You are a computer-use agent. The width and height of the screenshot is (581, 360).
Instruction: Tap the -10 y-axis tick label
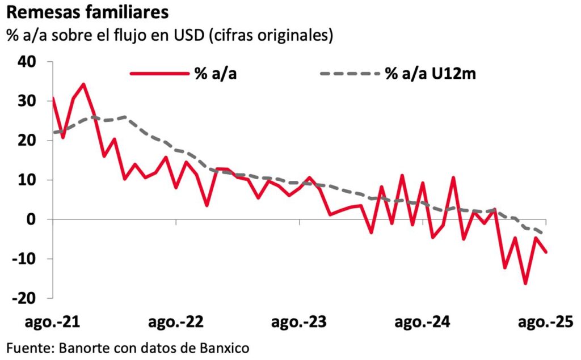33,259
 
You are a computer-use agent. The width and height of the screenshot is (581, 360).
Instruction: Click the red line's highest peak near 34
83,84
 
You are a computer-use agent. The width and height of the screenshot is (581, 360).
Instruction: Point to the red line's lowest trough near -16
525,283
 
